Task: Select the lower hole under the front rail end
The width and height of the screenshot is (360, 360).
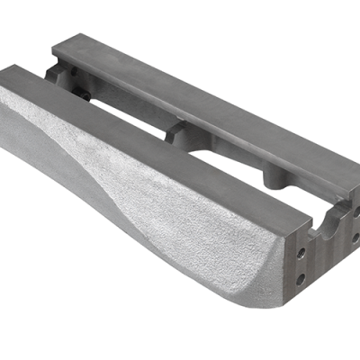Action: (300, 278)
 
